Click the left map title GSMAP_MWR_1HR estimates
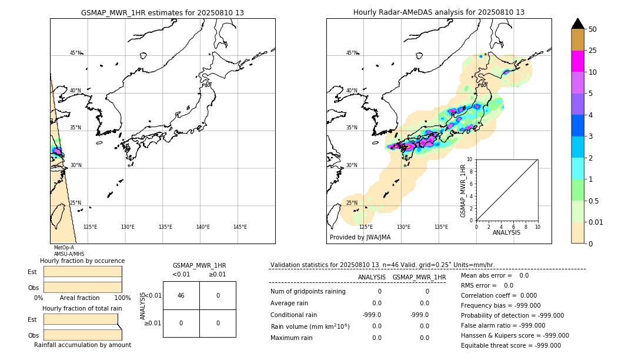coord(162,12)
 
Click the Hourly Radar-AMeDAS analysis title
coord(439,12)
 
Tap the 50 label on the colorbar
coord(593,29)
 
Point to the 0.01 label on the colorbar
coord(596,222)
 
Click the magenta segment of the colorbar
coord(578,61)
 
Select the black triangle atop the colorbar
coord(578,24)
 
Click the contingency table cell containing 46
coord(181,295)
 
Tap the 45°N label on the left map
coord(76,53)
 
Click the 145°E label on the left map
coord(240,227)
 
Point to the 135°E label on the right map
coord(441,227)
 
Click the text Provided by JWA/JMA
coord(360,238)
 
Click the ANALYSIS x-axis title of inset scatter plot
coord(506,232)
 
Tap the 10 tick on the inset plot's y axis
coord(469,159)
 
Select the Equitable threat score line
coord(510,345)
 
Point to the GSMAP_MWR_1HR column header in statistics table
coord(419,277)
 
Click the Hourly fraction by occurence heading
coord(82,261)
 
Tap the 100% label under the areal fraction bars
coord(122,298)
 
